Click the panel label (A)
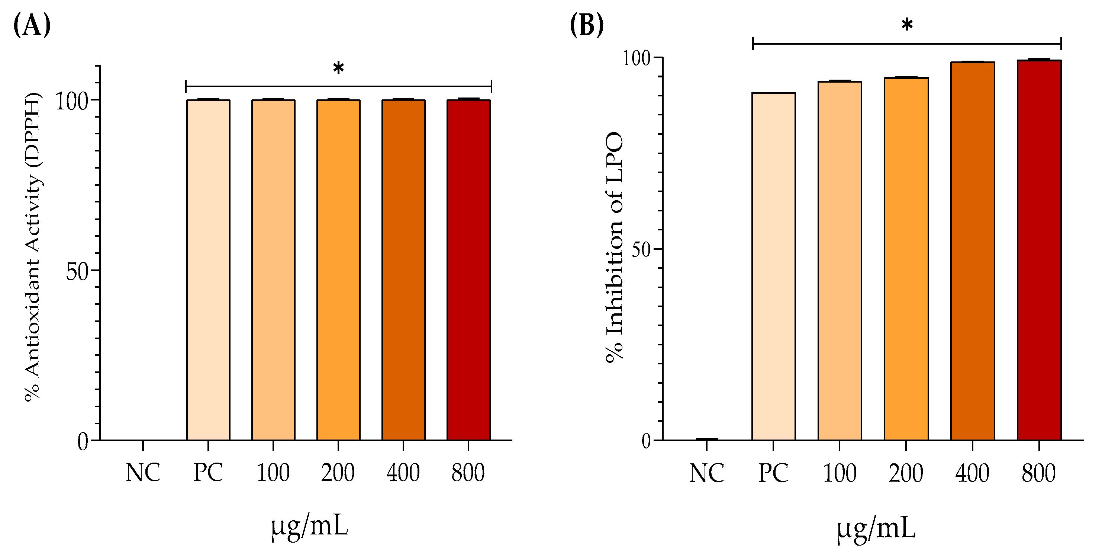[32, 26]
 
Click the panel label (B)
[587, 26]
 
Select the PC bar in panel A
[208, 270]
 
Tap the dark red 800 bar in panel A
[468, 270]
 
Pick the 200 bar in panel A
[338, 270]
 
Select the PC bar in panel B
[773, 266]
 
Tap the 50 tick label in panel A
[77, 272]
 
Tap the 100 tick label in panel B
[636, 58]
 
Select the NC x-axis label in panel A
[143, 473]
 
